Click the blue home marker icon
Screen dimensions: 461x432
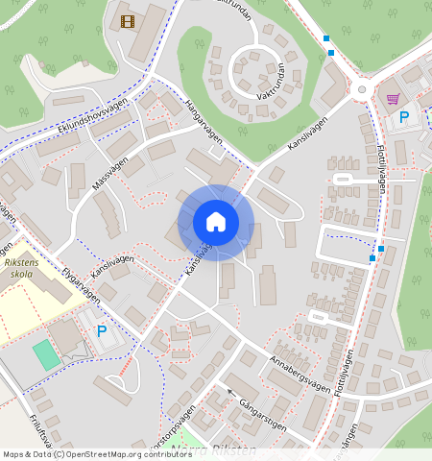216,222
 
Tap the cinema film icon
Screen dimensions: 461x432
128,19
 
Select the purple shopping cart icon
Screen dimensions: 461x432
393,98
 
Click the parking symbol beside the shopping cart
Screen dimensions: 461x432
404,116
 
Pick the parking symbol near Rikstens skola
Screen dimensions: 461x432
102,330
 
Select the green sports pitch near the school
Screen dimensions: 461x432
45,355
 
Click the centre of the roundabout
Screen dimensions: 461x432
362,89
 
